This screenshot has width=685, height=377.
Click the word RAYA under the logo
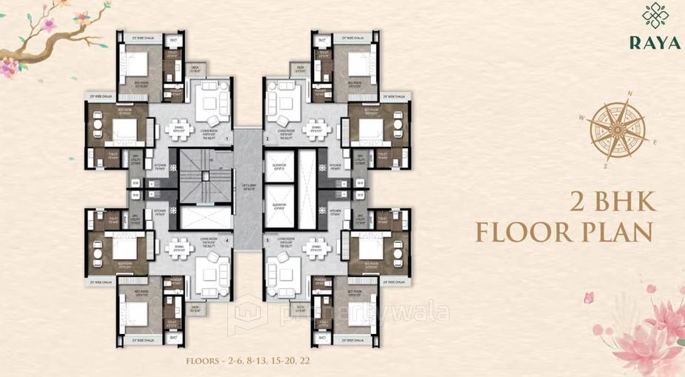pyautogui.click(x=655, y=42)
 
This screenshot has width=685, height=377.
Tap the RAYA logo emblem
pyautogui.click(x=655, y=16)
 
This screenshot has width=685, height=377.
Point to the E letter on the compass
pyautogui.click(x=654, y=142)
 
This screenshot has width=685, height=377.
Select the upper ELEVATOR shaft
pyautogui.click(x=280, y=168)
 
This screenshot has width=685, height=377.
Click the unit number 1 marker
pyautogui.click(x=227, y=139)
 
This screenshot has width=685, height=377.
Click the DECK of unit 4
pyautogui.click(x=196, y=308)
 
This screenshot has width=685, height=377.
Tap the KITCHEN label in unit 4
pyautogui.click(x=160, y=211)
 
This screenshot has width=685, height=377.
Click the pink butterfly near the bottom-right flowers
pyautogui.click(x=589, y=297)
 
